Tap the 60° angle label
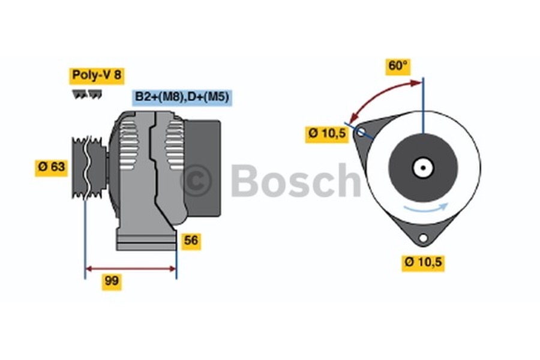tap(397, 67)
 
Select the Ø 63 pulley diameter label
tap(51, 167)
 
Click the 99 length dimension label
tap(112, 281)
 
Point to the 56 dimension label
tap(191, 241)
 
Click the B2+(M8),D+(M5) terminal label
tap(182, 97)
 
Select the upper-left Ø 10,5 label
tap(327, 134)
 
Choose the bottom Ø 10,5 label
tap(423, 262)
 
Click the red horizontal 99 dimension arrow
tap(131, 268)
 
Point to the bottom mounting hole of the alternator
tap(423, 239)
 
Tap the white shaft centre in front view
tap(423, 168)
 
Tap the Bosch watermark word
tap(294, 180)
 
